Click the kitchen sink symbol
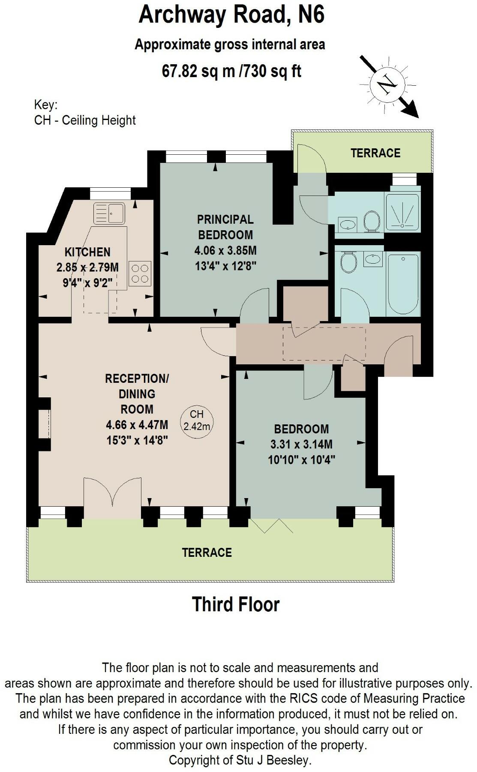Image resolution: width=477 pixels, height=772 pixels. coord(109,213)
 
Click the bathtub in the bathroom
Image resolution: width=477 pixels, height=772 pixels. coord(403,283)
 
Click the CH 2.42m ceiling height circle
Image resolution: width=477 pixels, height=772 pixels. coord(197,421)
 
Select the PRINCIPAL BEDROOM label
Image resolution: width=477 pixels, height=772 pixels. coord(225,227)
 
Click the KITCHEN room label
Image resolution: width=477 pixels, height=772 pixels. coord(87,252)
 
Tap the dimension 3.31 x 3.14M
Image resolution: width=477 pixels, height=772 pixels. coord(301,444)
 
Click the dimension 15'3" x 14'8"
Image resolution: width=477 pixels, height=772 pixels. coord(137,440)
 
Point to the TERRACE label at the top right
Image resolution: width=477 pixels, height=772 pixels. coord(375,153)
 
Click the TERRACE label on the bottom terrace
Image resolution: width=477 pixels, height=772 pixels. coord(207,553)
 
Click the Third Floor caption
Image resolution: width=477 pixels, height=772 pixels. coord(236,604)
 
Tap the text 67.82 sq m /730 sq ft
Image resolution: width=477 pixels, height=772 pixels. coord(231,70)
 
